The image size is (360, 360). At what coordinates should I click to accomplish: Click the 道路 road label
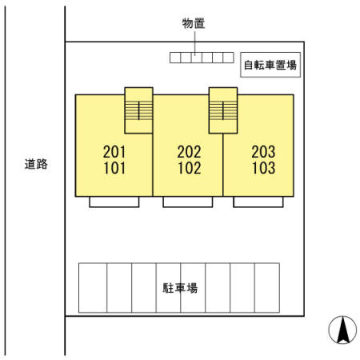point(36,164)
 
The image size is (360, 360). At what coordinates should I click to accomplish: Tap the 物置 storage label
point(194,23)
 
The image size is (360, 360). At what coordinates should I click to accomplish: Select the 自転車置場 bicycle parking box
point(270,65)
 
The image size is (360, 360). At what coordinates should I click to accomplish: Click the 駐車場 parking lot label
point(180,288)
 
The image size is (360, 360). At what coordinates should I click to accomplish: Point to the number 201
point(114,152)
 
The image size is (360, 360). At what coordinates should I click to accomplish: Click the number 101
point(114,168)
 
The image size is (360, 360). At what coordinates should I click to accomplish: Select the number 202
point(189,152)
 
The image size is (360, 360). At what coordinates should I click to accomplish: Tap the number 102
point(190,168)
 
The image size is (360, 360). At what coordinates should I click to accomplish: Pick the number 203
point(263,152)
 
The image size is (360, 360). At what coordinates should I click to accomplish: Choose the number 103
point(264,168)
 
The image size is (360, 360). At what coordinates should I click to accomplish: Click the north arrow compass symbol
point(342,330)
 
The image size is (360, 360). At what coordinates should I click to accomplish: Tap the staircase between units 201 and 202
point(138,110)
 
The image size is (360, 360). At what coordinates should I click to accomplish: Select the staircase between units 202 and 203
point(223,110)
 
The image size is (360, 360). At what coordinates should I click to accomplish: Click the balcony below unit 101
point(114,202)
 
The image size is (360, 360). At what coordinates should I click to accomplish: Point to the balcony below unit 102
point(188,202)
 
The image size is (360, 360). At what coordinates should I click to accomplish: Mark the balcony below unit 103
point(258,202)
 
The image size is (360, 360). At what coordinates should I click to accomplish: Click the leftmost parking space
point(93,288)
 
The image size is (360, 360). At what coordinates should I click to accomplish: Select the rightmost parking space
point(267,288)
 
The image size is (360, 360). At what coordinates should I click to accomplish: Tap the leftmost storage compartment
point(175,58)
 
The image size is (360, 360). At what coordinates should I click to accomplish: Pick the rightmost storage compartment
point(229,58)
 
